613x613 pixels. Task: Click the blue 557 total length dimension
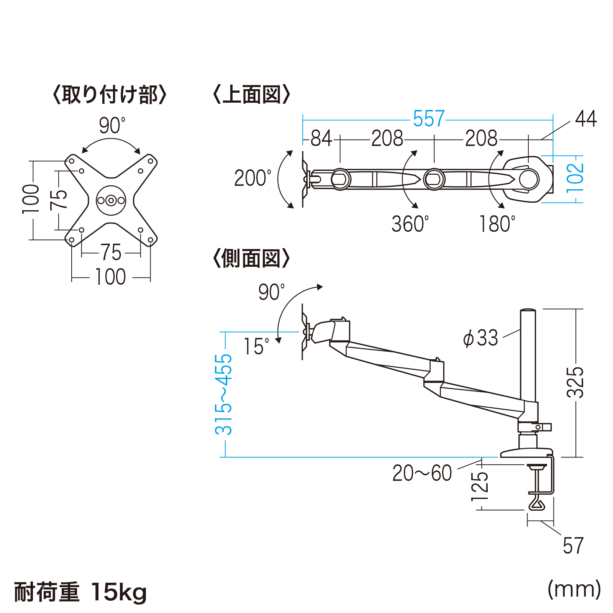tap(428, 119)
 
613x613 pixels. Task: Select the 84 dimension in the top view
tap(321, 138)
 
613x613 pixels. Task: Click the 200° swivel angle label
tap(252, 178)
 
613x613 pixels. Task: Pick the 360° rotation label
tap(410, 224)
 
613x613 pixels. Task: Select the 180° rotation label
tap(497, 224)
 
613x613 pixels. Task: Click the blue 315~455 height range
tap(224, 395)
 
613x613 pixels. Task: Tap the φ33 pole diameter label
tap(480, 338)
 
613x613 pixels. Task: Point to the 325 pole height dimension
tap(575, 382)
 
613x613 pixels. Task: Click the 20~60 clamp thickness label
tap(422, 473)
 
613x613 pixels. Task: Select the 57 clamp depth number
tap(573, 546)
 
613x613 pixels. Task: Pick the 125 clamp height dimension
tap(480, 487)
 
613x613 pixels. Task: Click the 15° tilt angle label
tap(256, 347)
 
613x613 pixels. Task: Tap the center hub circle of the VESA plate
tap(111, 200)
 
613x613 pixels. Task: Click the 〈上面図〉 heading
tap(251, 95)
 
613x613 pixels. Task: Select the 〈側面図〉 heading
tap(251, 259)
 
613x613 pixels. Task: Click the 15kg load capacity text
tap(119, 592)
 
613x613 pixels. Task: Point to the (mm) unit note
tap(574, 589)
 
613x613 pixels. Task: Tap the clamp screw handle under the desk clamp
tap(536, 503)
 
